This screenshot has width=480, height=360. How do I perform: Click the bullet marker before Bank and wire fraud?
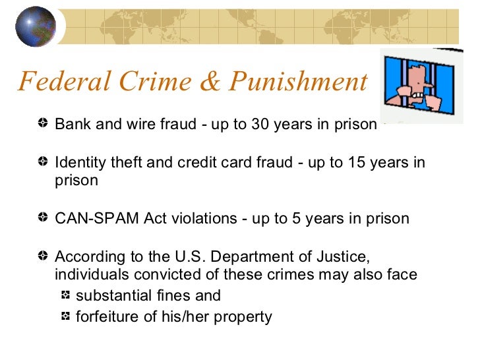[43, 123]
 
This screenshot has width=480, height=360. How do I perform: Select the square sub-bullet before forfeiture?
[66, 316]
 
